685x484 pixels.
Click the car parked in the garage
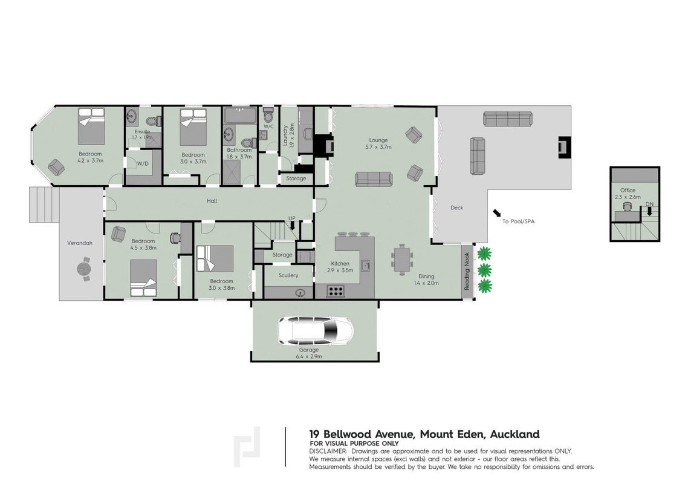[316, 330]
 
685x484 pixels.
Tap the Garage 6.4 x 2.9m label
[309, 353]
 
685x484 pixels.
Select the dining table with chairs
[402, 260]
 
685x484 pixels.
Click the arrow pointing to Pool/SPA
[497, 213]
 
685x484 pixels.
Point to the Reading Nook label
[467, 271]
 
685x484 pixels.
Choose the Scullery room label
[288, 275]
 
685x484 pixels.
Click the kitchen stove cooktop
[336, 291]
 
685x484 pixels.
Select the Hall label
[212, 201]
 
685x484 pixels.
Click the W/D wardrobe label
[143, 164]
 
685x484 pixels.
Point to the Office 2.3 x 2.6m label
[628, 194]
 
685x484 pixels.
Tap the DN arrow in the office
[649, 212]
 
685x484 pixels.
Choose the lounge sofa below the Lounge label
[374, 179]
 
